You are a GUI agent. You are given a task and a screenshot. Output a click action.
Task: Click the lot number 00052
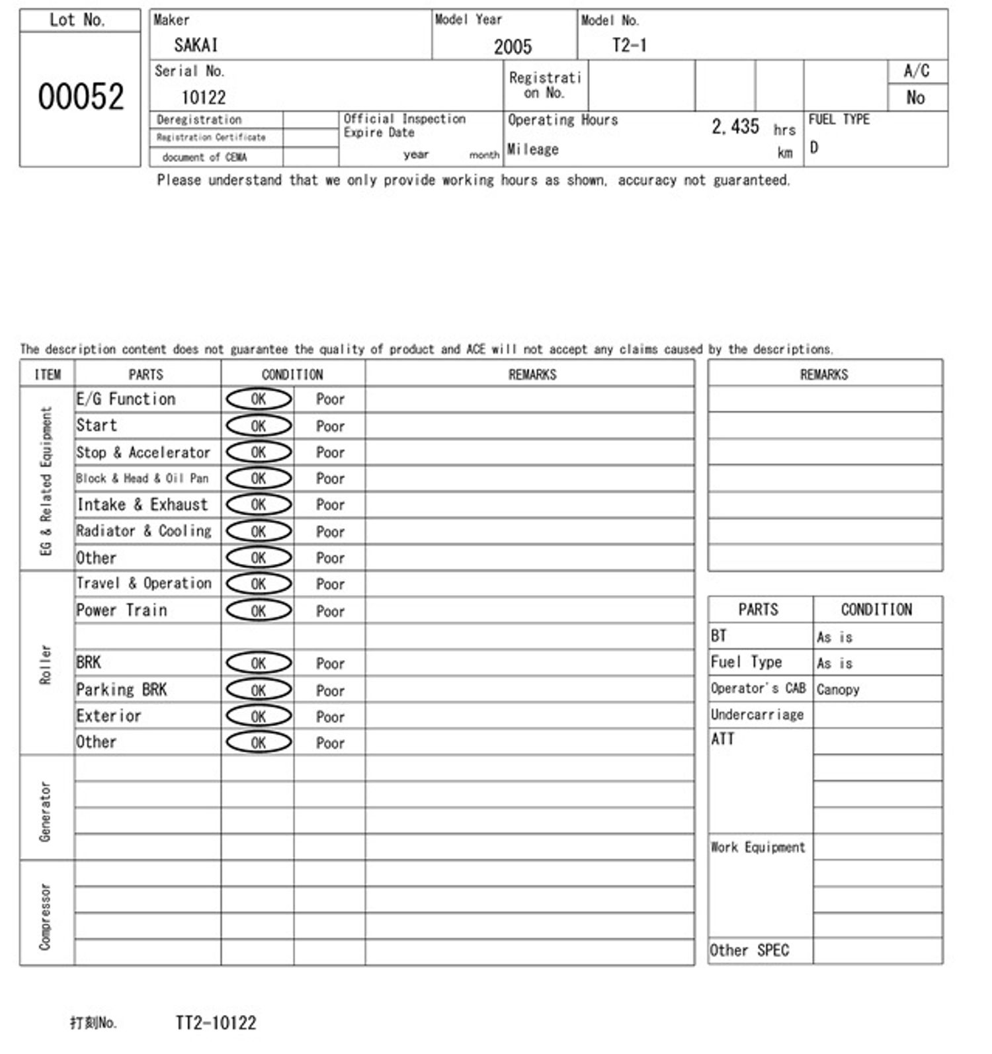pyautogui.click(x=81, y=97)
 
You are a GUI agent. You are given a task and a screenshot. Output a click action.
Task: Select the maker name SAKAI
pyautogui.click(x=196, y=45)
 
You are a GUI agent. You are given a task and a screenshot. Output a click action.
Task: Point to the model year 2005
pyautogui.click(x=513, y=46)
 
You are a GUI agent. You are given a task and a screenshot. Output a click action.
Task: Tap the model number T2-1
pyautogui.click(x=629, y=45)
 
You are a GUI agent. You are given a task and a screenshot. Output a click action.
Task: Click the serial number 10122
pyautogui.click(x=204, y=98)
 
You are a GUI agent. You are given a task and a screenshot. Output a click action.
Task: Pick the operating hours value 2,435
pyautogui.click(x=735, y=126)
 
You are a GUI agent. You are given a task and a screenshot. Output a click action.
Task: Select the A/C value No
pyautogui.click(x=915, y=98)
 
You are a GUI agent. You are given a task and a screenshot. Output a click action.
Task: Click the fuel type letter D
pyautogui.click(x=814, y=147)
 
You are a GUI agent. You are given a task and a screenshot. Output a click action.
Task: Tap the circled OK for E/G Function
pyautogui.click(x=259, y=399)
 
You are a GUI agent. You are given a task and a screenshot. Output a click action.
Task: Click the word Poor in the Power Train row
pyautogui.click(x=330, y=611)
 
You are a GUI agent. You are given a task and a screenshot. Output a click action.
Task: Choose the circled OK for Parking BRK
pyautogui.click(x=259, y=690)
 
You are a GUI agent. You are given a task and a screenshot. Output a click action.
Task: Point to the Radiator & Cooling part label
pyautogui.click(x=144, y=531)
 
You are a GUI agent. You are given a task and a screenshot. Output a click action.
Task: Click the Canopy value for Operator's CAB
pyautogui.click(x=838, y=689)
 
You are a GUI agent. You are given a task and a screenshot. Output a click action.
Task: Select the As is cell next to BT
pyautogui.click(x=835, y=637)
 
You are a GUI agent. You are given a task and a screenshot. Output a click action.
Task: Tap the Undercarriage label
pyautogui.click(x=757, y=715)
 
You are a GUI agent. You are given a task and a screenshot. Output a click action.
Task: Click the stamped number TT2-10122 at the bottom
pyautogui.click(x=216, y=1023)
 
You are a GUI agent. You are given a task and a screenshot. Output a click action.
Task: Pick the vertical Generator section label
pyautogui.click(x=45, y=811)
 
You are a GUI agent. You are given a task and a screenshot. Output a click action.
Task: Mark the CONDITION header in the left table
pyautogui.click(x=292, y=374)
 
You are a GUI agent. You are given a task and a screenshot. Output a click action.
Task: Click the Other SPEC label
pyautogui.click(x=749, y=950)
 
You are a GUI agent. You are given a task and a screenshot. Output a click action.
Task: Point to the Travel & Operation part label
pyautogui.click(x=144, y=583)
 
